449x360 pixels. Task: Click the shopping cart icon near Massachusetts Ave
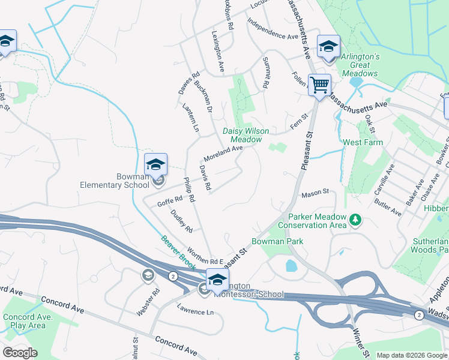319,85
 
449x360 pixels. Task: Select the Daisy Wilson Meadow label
246,135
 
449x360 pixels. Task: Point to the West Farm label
363,143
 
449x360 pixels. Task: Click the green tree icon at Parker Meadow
356,220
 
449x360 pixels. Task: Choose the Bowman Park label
277,241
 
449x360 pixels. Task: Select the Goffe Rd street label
169,201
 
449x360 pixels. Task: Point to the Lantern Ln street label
190,117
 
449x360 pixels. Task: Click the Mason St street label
316,193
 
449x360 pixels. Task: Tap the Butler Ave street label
388,208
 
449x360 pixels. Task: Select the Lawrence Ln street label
195,312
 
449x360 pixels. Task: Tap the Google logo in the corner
20,353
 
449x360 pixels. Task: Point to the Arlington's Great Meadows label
360,64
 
